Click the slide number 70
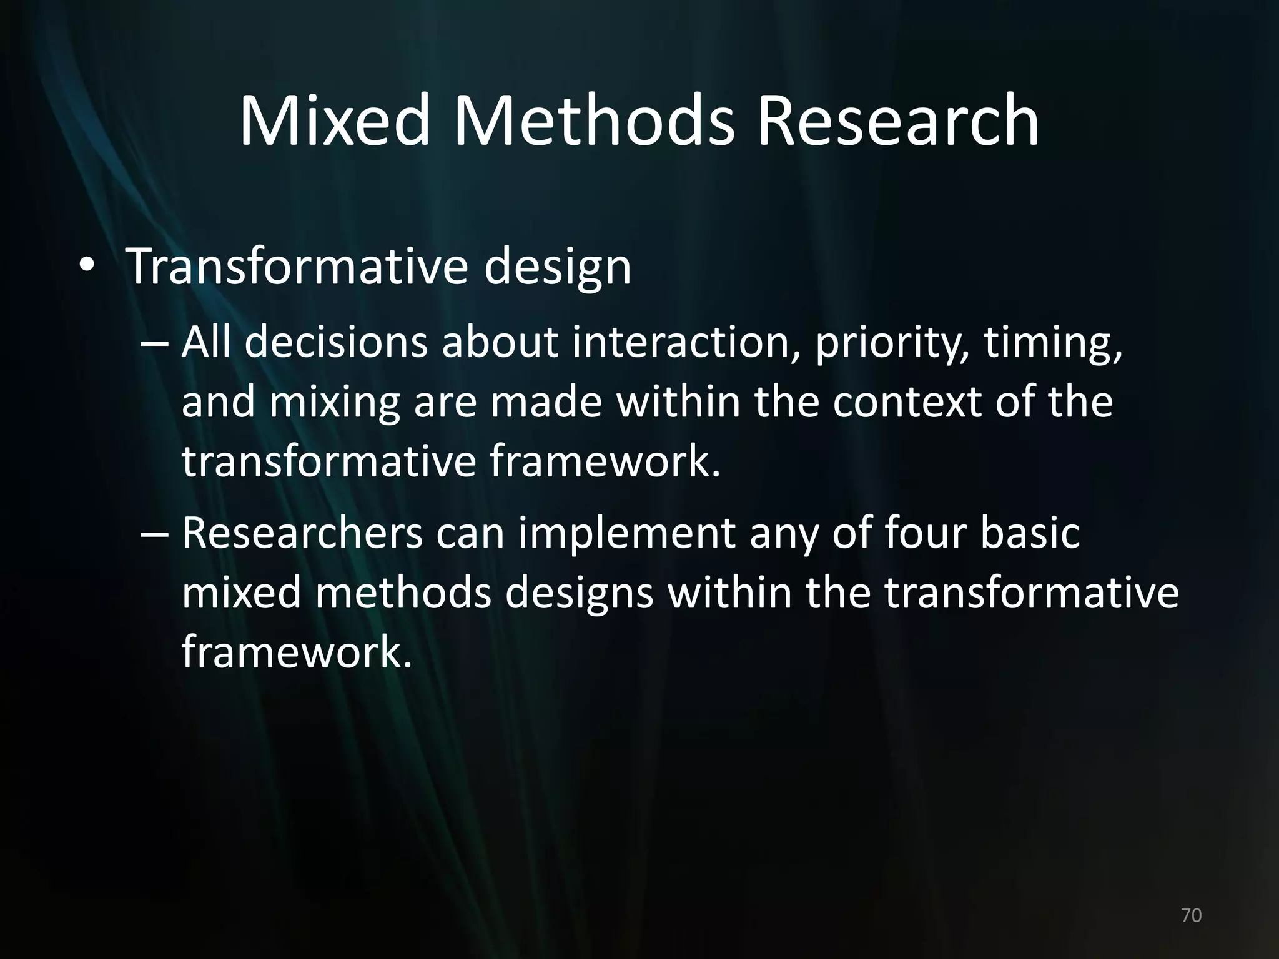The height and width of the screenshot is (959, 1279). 1192,915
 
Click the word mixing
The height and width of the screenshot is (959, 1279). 334,403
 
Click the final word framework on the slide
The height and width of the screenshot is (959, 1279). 297,652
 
